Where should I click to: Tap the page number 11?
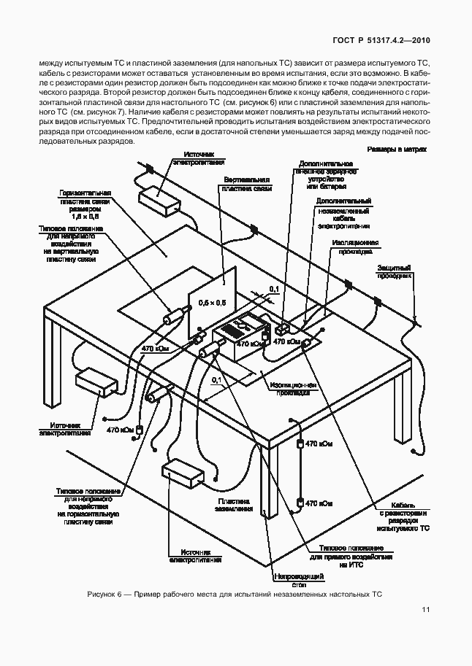425,612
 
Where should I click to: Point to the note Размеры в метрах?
397,149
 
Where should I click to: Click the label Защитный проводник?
395,272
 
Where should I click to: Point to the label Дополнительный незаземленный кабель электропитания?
340,212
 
